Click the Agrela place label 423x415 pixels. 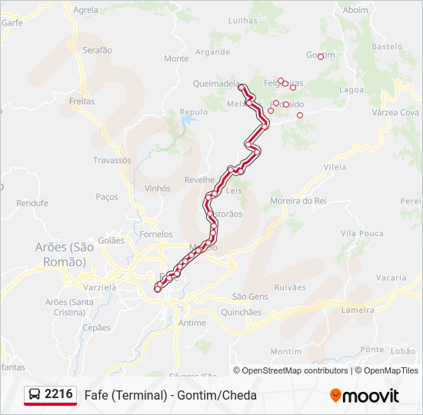(86, 10)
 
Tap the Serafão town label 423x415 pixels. (97, 50)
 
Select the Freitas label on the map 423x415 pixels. (82, 101)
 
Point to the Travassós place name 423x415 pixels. (112, 161)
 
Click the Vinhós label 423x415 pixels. (157, 188)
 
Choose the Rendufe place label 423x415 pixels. (32, 203)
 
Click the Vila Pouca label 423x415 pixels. (361, 233)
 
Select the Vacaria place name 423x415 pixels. (391, 277)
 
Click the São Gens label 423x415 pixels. (250, 296)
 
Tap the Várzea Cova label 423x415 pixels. (395, 112)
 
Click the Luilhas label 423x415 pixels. (243, 22)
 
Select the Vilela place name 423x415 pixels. (335, 166)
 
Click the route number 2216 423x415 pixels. (59, 394)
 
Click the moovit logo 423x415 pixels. (365, 396)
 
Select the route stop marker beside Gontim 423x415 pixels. (321, 56)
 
